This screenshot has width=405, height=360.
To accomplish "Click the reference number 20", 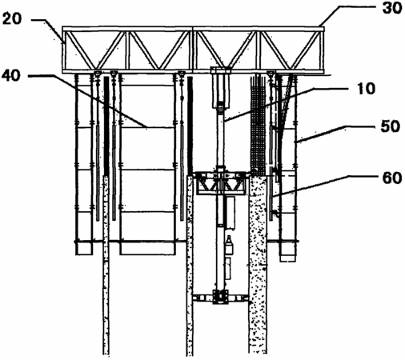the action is (11, 19).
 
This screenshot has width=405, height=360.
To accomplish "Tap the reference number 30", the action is (392, 8).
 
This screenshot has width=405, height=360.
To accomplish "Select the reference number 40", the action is (10, 75).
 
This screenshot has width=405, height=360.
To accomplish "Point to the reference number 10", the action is (366, 89).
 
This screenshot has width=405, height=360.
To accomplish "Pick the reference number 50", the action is (391, 126).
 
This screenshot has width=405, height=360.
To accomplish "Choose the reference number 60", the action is (392, 178).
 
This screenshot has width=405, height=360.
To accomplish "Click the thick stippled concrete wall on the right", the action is (258, 264).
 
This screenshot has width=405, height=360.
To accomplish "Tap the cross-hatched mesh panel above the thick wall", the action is (259, 125).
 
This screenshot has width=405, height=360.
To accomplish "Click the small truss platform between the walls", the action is (221, 183).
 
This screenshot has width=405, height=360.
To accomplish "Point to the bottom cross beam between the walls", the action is (220, 297).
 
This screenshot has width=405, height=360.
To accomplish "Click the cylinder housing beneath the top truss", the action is (221, 87).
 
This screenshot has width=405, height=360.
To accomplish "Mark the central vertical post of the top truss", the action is (193, 50).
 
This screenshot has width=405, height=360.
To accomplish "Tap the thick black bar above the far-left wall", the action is (106, 126).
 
